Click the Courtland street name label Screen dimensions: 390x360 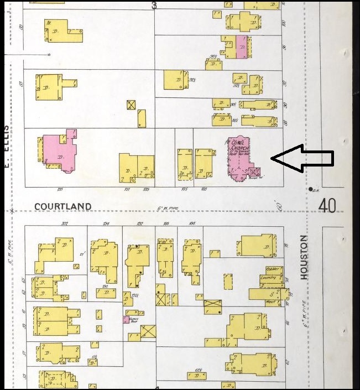(62, 206)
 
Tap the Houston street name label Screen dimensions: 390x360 (303, 257)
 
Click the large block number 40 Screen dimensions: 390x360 (327, 206)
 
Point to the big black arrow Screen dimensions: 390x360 (302, 158)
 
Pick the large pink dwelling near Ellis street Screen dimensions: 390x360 (58, 150)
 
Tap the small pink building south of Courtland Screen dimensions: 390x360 (126, 320)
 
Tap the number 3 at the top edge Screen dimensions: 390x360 (154, 6)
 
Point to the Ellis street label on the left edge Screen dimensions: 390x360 (7, 138)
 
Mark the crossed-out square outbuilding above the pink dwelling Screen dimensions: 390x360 (131, 105)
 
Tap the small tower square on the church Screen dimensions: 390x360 (253, 171)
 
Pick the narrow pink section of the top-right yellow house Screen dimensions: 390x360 (241, 46)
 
